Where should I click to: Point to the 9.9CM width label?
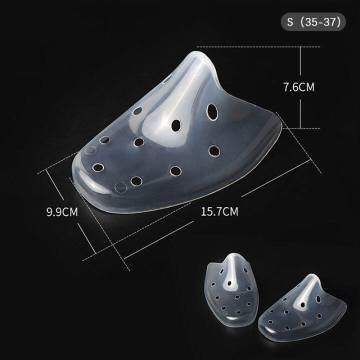(x=62, y=211)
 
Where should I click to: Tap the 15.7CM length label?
(x=219, y=211)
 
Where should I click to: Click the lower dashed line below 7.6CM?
(x=300, y=128)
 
